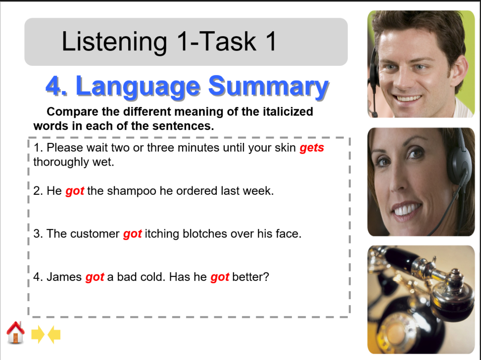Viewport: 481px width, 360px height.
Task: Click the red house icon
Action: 15,333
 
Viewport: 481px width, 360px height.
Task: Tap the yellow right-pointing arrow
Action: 38,335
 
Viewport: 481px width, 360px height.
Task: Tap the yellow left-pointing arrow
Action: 54,335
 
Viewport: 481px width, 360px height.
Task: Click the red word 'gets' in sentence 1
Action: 312,148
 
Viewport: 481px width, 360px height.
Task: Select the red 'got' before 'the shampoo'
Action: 75,191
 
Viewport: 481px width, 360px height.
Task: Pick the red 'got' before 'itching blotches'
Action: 133,234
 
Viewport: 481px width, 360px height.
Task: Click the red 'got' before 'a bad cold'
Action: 95,277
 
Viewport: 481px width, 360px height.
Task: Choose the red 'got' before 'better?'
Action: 220,277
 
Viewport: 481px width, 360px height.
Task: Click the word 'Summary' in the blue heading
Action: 268,86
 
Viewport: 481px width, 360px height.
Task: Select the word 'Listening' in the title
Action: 114,42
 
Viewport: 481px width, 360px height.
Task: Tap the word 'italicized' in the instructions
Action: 286,112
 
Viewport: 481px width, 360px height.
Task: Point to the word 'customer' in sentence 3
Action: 96,234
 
